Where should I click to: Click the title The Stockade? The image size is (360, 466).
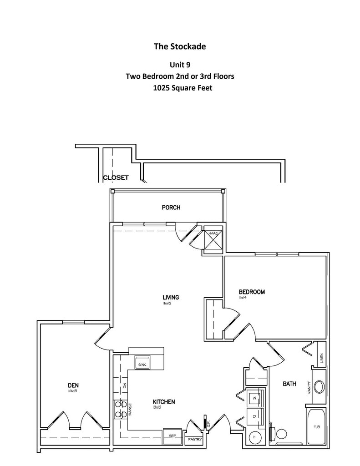(x=180, y=46)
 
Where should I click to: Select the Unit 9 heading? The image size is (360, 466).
(x=180, y=65)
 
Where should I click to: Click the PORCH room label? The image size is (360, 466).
(x=171, y=208)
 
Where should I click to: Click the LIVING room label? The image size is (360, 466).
(x=171, y=298)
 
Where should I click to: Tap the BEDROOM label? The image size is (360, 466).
(x=252, y=292)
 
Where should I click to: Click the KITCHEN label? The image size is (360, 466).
(x=164, y=402)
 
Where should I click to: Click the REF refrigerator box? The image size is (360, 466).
(x=172, y=436)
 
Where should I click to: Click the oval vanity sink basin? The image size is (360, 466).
(x=319, y=387)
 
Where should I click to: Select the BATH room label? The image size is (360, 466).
(x=289, y=384)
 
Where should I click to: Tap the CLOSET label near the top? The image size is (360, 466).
(x=116, y=177)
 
